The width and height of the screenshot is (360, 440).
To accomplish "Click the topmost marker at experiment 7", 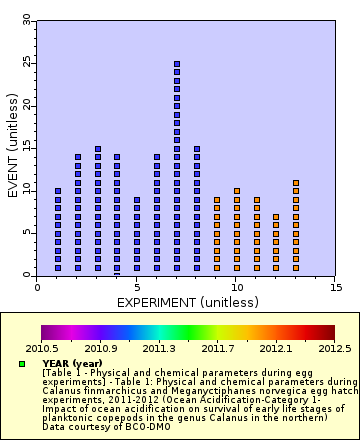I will [177, 64].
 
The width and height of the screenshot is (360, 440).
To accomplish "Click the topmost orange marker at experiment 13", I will [296, 182].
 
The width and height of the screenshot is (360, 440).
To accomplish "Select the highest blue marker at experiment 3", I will [97, 148].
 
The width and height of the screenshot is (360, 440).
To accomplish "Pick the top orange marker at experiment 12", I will [276, 216].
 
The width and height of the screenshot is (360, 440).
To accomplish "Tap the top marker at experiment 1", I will [58, 190].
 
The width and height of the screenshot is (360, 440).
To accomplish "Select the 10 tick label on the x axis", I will [236, 287].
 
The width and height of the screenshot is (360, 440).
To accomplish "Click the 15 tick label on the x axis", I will [335, 287].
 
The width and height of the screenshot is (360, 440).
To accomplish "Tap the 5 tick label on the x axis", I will [137, 287].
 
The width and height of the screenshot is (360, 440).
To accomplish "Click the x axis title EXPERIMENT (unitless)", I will [187, 301].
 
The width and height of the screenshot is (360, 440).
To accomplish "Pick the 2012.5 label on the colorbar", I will [334, 349].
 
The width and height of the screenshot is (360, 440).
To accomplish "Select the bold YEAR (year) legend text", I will [73, 362].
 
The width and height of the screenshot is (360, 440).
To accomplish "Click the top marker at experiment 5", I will [137, 199].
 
